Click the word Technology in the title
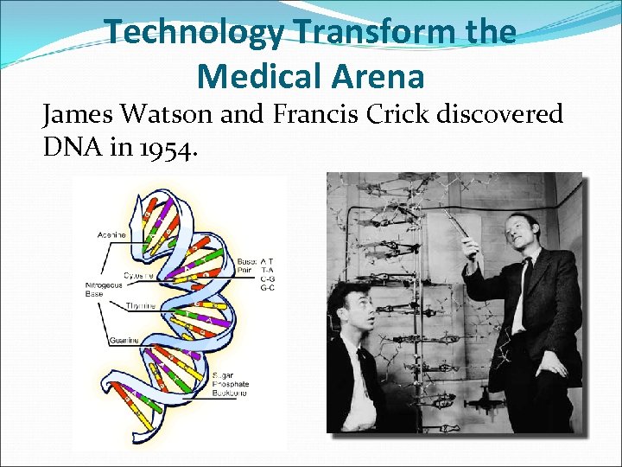[194, 33]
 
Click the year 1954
[163, 149]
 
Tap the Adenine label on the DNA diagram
[111, 235]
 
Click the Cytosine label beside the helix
[138, 275]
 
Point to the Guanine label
[124, 341]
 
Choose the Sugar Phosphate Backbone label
[232, 384]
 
